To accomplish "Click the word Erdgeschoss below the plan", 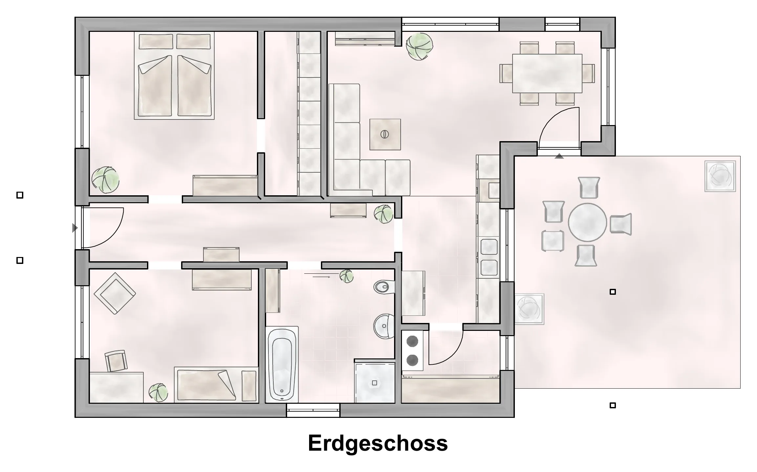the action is [378, 443].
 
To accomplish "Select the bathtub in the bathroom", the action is [282, 365].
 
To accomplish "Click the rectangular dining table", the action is [547, 74].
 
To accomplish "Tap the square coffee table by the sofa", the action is [385, 135].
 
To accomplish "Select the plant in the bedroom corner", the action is [105, 180].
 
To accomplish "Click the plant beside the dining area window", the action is [419, 46].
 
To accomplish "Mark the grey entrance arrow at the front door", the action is [75, 228].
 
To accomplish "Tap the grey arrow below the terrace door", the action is [559, 156].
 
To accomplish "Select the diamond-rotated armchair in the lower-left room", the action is [115, 293].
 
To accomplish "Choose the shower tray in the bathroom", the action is [375, 382].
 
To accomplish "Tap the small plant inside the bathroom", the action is [346, 276].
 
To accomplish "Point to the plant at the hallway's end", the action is [384, 214].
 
